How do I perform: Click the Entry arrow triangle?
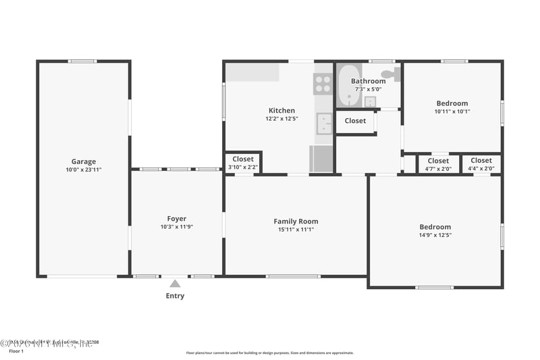[x=175, y=284]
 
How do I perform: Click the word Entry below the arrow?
[x=175, y=296]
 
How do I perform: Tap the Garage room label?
[x=84, y=161]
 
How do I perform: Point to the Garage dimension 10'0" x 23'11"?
[x=84, y=170]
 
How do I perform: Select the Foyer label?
[x=177, y=219]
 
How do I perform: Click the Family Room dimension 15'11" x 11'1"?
[x=296, y=230]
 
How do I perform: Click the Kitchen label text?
[x=281, y=111]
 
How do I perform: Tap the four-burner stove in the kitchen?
[x=323, y=84]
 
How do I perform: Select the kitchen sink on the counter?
[x=325, y=124]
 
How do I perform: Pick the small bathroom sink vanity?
[x=370, y=102]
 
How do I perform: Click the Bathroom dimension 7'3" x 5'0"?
[x=368, y=89]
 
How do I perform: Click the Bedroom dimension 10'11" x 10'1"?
[x=452, y=111]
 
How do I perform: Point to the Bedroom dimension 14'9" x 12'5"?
[x=435, y=236]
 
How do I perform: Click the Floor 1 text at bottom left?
[x=16, y=351]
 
